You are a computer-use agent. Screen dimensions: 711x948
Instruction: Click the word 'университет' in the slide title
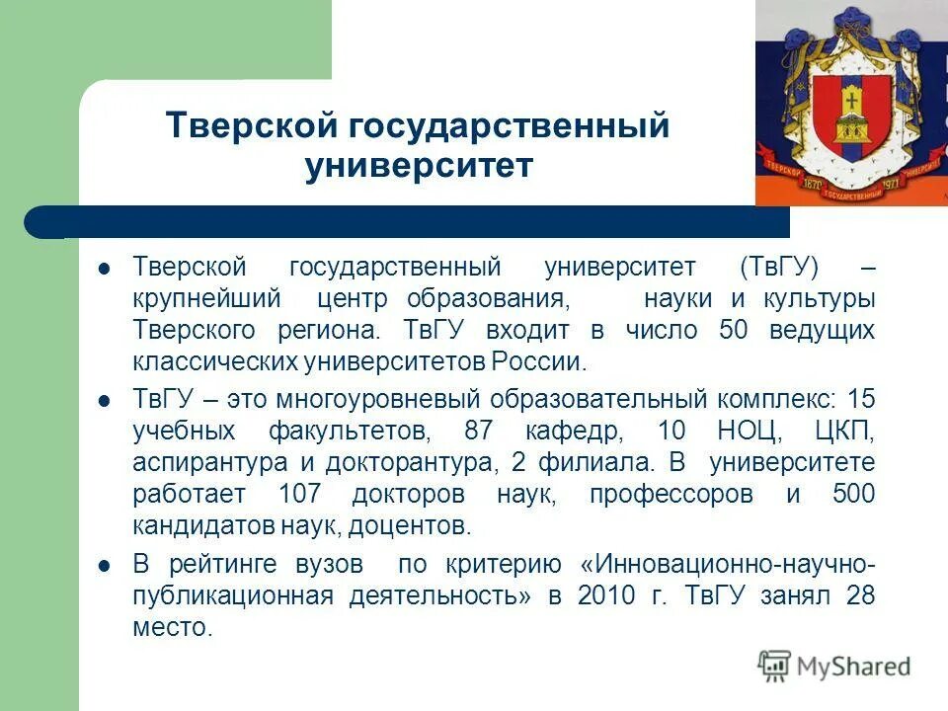[419, 166]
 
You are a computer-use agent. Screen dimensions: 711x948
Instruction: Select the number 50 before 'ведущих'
[735, 330]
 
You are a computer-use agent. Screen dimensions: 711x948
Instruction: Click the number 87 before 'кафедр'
[481, 432]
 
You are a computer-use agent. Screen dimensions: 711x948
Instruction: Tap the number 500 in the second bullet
[853, 495]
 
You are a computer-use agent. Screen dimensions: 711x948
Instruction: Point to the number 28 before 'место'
[858, 595]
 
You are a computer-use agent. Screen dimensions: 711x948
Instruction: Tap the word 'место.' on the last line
[173, 627]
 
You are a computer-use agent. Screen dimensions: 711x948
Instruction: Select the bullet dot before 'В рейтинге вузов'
[106, 565]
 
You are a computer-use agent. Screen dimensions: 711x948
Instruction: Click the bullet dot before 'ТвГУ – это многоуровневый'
[106, 401]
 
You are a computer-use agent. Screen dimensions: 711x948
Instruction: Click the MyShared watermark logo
[833, 665]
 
